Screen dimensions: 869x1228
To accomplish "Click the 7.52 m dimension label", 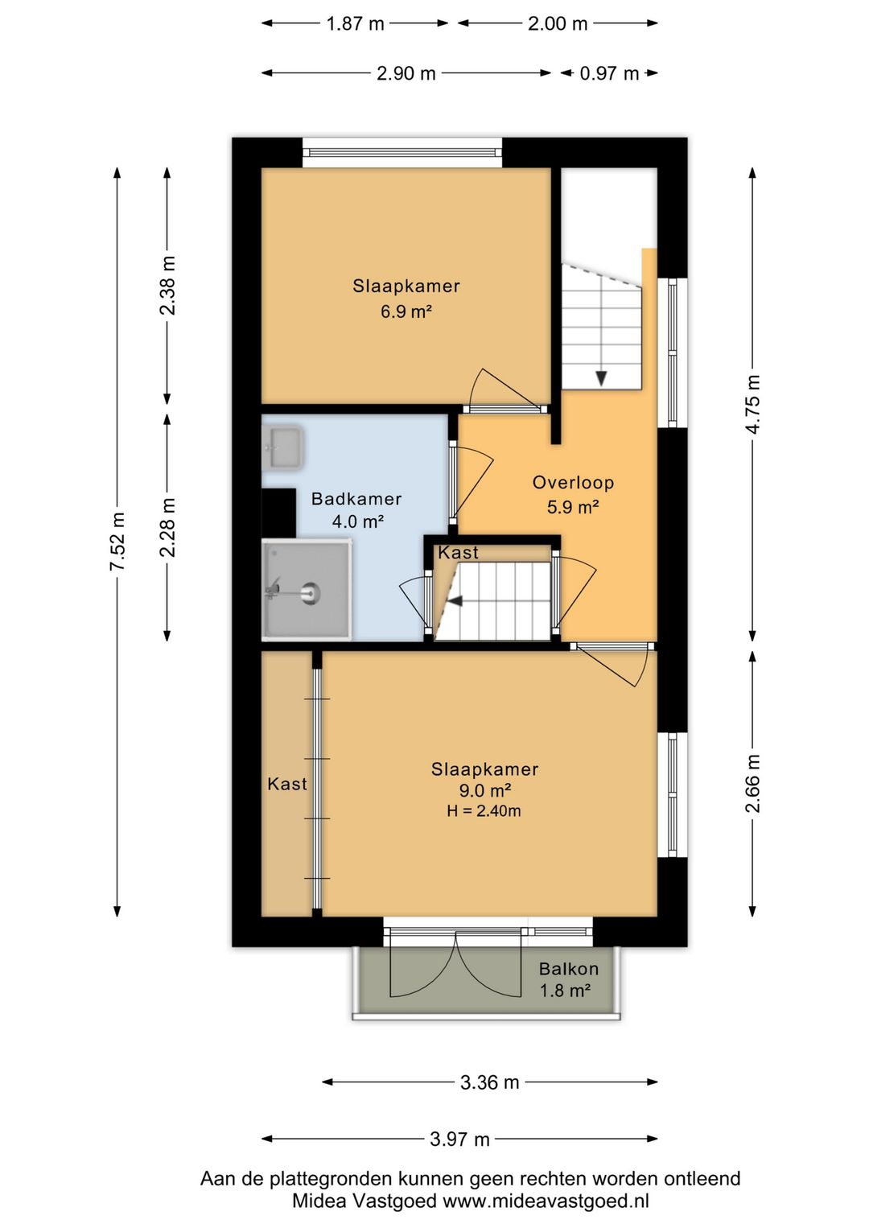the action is [117, 541].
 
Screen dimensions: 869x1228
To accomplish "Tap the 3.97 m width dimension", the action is [459, 1139].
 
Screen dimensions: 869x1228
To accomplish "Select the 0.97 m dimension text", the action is [609, 73].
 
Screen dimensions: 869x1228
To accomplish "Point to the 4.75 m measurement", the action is [753, 404].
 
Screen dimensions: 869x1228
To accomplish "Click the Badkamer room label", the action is [356, 498].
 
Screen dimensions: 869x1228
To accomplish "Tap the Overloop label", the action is [573, 483].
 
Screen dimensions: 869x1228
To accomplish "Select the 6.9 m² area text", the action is [406, 311].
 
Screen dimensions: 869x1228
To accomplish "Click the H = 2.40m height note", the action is [484, 810].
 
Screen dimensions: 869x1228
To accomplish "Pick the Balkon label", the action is [569, 969].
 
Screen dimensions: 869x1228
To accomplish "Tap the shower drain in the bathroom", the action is [310, 592].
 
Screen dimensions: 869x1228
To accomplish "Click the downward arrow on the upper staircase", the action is [601, 378].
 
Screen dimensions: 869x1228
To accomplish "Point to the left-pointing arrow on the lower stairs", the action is [455, 601].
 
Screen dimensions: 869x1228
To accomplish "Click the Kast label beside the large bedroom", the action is [286, 784].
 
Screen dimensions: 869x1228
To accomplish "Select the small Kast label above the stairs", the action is [458, 553].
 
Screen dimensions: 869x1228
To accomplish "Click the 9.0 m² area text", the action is [484, 790].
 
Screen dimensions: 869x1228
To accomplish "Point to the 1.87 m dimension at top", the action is [355, 23].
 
